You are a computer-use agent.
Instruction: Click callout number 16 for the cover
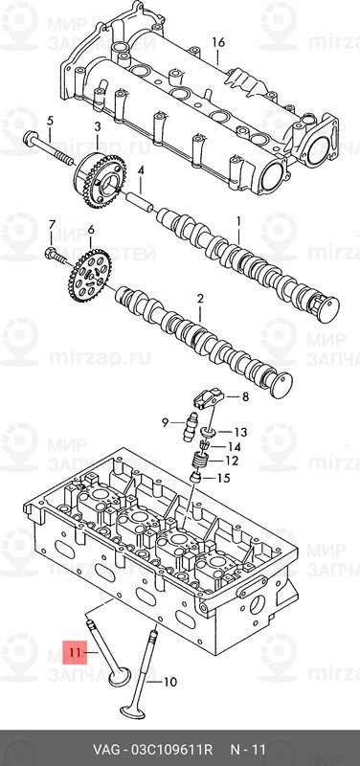tap(218, 42)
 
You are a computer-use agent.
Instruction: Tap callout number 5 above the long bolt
tap(50, 120)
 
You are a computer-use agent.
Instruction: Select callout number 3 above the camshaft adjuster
tap(98, 127)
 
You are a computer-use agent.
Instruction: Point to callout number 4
tap(140, 171)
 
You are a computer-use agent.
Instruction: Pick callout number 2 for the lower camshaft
tap(200, 300)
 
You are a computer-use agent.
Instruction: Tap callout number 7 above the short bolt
tap(52, 224)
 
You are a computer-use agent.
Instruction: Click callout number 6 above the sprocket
tap(91, 230)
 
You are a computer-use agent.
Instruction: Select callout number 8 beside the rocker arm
tap(244, 397)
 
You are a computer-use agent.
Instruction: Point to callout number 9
tap(165, 422)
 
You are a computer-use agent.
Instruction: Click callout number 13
tap(239, 432)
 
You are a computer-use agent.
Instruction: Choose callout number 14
tap(236, 447)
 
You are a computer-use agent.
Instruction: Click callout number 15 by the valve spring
tap(225, 478)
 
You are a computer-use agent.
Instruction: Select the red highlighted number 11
tap(74, 655)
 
